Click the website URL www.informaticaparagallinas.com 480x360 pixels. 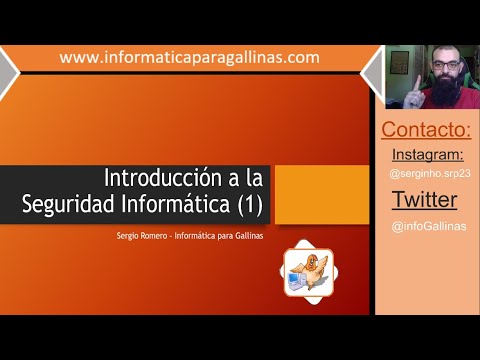pos(190,58)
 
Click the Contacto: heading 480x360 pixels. pos(427,130)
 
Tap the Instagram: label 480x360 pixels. pos(427,154)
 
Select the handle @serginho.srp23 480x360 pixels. pos(427,174)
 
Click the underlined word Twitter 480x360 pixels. pos(425,200)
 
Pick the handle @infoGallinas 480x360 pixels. pos(428,226)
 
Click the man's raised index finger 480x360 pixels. pos(412,79)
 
